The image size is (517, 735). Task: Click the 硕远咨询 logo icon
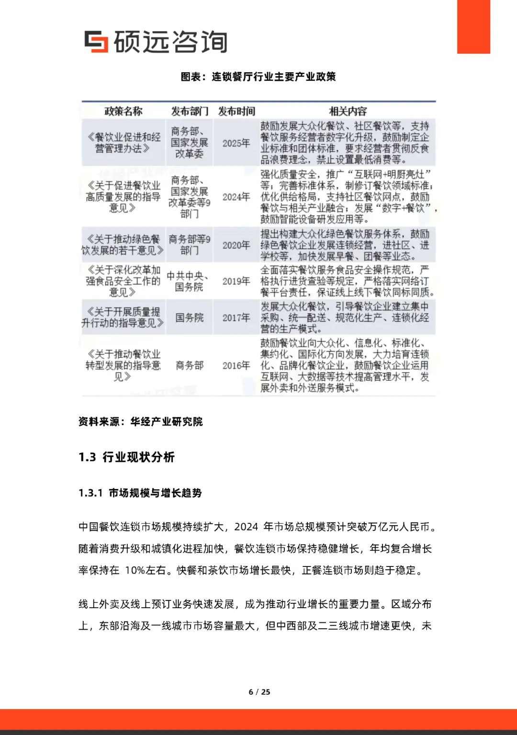tap(96, 41)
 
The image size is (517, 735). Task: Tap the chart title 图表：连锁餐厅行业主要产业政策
tap(258, 77)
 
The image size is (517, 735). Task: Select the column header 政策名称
tap(124, 111)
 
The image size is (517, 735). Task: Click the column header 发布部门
tap(190, 111)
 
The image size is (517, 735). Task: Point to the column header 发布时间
tap(236, 111)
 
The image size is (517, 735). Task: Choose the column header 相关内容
tap(348, 111)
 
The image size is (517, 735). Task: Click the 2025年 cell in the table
tap(236, 143)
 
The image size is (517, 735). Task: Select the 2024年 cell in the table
tap(236, 197)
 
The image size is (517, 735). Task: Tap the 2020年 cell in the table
tap(236, 245)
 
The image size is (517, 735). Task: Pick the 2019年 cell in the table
tap(236, 281)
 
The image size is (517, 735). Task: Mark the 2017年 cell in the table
tap(236, 317)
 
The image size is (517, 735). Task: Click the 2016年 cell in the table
tap(236, 365)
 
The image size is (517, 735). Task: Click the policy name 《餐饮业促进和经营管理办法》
tap(123, 143)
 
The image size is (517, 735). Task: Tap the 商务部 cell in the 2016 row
tap(190, 365)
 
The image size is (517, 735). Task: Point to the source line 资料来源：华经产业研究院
tap(141, 421)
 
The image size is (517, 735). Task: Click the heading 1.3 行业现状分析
tap(127, 457)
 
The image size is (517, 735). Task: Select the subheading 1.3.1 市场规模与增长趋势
tap(140, 493)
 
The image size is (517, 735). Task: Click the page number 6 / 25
tap(259, 692)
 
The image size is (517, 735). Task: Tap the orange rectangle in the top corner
tap(473, 26)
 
